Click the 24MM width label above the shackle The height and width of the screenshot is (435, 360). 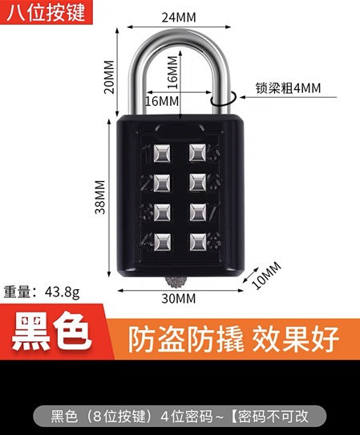tap(179, 18)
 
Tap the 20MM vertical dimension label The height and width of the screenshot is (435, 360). tap(109, 77)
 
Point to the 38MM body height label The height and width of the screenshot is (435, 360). tap(100, 197)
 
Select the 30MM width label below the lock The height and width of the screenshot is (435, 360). tap(179, 299)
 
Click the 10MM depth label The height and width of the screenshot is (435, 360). tap(266, 276)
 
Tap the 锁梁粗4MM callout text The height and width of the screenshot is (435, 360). tap(288, 88)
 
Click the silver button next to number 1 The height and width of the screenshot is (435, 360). tap(162, 153)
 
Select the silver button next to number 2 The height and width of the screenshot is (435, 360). tap(162, 183)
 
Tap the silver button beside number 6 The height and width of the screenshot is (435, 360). tap(197, 183)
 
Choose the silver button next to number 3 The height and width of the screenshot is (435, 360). tap(162, 212)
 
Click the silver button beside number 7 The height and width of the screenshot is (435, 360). tap(197, 212)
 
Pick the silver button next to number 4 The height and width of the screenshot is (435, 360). tap(162, 242)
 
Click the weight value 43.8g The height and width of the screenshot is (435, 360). tap(63, 292)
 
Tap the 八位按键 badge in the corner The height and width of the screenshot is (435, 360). tap(46, 13)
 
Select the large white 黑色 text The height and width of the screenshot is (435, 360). tap(51, 332)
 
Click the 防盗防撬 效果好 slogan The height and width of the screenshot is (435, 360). tap(233, 339)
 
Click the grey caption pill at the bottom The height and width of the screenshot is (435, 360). tap(180, 416)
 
